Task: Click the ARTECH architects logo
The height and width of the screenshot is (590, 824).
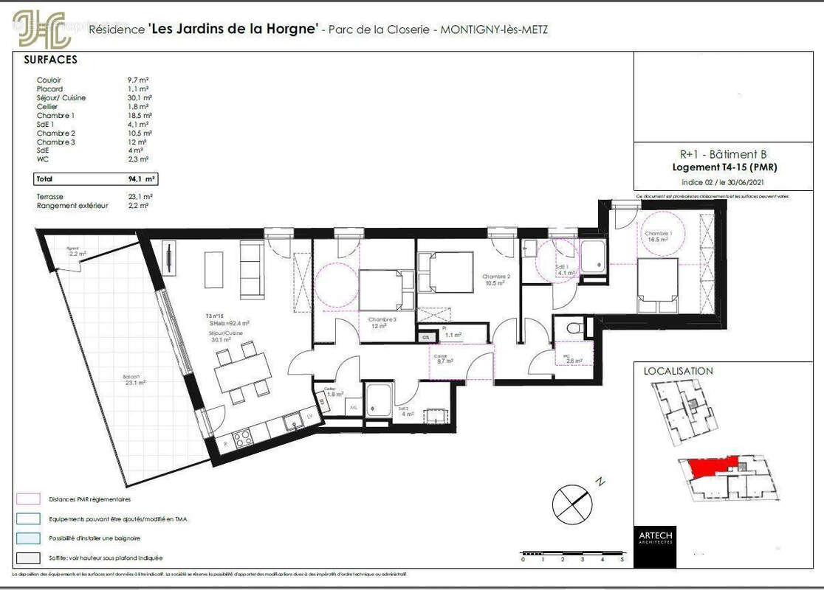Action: tap(653, 536)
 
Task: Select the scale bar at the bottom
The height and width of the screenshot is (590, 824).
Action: tap(572, 553)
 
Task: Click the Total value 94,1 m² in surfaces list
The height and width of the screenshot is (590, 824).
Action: tap(140, 178)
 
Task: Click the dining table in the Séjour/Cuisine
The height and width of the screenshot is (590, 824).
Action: tap(242, 372)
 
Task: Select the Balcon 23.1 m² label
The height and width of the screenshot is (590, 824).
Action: tap(132, 380)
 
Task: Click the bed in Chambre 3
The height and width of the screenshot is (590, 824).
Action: tap(382, 290)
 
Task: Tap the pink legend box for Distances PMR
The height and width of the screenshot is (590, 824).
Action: tap(27, 499)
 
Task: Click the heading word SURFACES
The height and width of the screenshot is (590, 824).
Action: tap(50, 60)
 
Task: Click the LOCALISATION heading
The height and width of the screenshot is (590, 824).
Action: tap(678, 371)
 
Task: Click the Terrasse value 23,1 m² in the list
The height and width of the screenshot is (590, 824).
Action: tap(140, 197)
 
